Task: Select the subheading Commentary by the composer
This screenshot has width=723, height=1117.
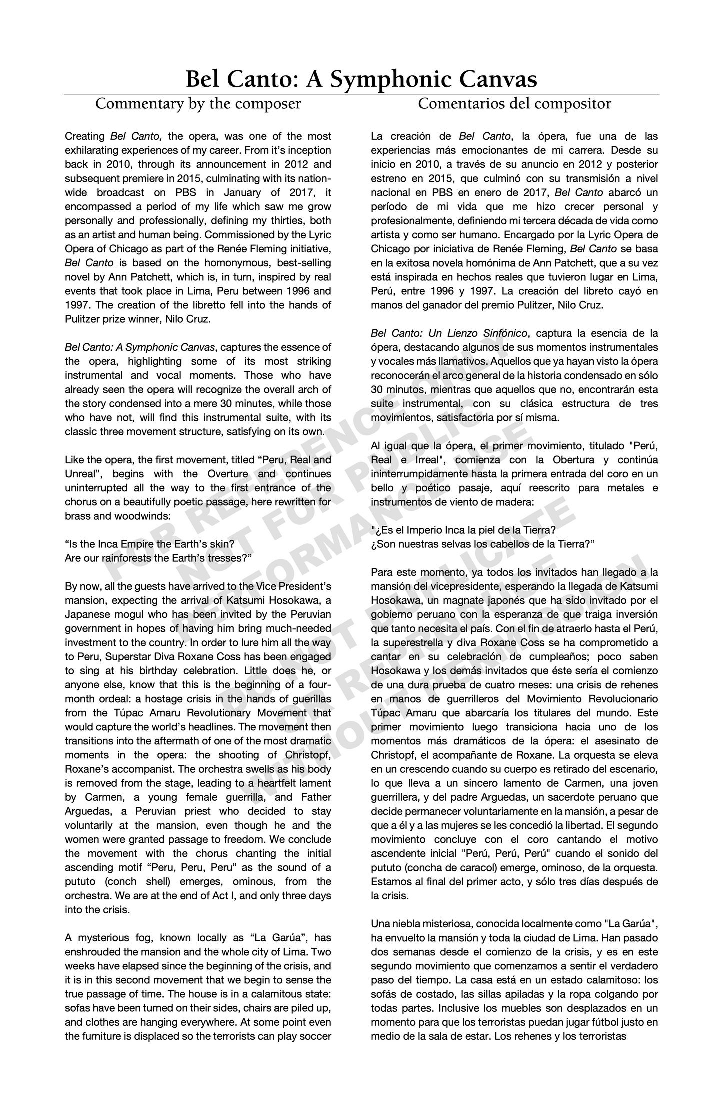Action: [198, 104]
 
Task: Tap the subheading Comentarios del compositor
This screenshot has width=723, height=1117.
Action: [514, 104]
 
